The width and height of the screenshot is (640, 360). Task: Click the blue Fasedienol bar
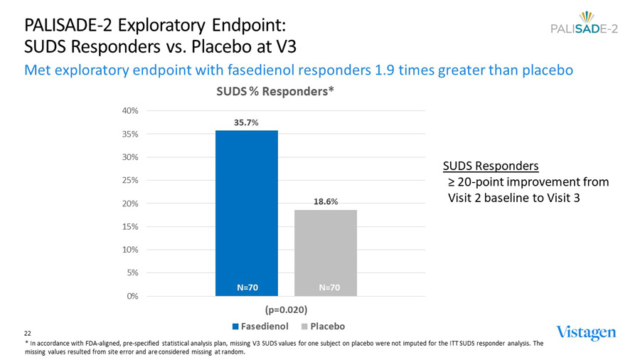(x=247, y=206)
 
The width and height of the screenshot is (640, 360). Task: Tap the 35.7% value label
(x=247, y=122)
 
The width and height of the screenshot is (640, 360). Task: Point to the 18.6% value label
(x=326, y=201)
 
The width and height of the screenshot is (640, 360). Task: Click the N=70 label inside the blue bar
(x=247, y=287)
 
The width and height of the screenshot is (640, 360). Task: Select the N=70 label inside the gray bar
(x=329, y=287)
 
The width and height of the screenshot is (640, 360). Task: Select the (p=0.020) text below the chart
(x=287, y=310)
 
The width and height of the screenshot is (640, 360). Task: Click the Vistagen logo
(x=586, y=332)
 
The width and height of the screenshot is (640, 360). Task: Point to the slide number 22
(x=28, y=333)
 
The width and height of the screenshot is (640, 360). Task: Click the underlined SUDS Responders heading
(x=490, y=166)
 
